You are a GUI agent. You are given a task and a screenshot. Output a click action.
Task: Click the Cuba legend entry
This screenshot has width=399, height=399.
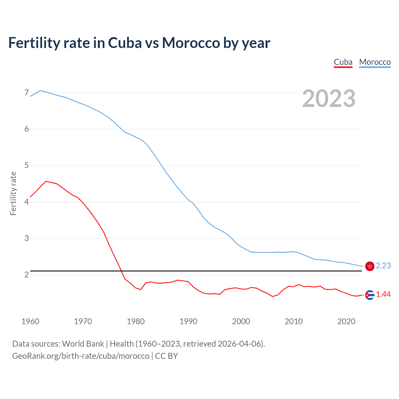coord(343,62)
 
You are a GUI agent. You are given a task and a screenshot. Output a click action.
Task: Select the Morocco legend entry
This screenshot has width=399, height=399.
coord(375,62)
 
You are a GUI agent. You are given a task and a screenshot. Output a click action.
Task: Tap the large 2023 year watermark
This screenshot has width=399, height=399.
coord(329,99)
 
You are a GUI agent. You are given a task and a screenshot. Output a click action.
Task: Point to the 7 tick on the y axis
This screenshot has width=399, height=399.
coord(26,93)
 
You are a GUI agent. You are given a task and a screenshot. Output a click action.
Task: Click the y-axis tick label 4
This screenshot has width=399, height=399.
coord(26,202)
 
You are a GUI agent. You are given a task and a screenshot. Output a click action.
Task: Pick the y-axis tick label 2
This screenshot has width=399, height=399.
coord(26,275)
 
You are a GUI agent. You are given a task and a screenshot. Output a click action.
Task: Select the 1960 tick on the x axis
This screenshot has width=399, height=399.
coord(30,321)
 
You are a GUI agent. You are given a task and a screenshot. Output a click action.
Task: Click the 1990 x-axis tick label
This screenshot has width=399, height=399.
coord(188,321)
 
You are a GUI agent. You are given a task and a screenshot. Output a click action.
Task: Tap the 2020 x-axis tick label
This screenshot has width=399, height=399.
coord(346,321)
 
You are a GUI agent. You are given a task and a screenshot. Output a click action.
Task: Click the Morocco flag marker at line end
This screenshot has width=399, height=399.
coord(370,266)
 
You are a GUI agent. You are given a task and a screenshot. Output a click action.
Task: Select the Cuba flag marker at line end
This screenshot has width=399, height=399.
coord(370,295)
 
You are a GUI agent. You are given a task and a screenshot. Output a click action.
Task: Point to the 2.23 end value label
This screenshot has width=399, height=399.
coord(383,266)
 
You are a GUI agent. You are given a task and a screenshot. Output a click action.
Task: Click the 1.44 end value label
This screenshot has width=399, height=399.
coord(383,295)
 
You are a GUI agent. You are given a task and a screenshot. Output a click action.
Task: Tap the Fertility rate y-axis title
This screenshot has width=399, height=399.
coord(13,193)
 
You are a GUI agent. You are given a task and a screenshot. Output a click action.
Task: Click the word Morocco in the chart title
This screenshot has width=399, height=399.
coord(191,43)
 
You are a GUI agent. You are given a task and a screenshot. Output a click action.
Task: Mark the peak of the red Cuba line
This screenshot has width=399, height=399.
coord(46,181)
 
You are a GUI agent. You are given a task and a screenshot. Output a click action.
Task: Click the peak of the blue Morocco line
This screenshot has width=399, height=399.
coord(41,90)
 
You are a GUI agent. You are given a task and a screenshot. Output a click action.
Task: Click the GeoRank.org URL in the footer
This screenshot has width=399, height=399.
coord(81,356)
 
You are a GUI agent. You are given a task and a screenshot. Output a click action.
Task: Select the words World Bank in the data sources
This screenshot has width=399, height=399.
coord(83,344)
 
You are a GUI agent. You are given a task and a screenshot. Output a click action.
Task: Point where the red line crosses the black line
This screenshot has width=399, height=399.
coord(121,271)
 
